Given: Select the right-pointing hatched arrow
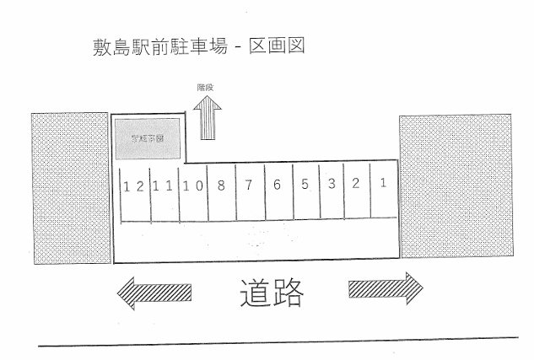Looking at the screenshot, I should tap(385, 289).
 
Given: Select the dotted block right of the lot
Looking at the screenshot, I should tap(455, 185).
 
